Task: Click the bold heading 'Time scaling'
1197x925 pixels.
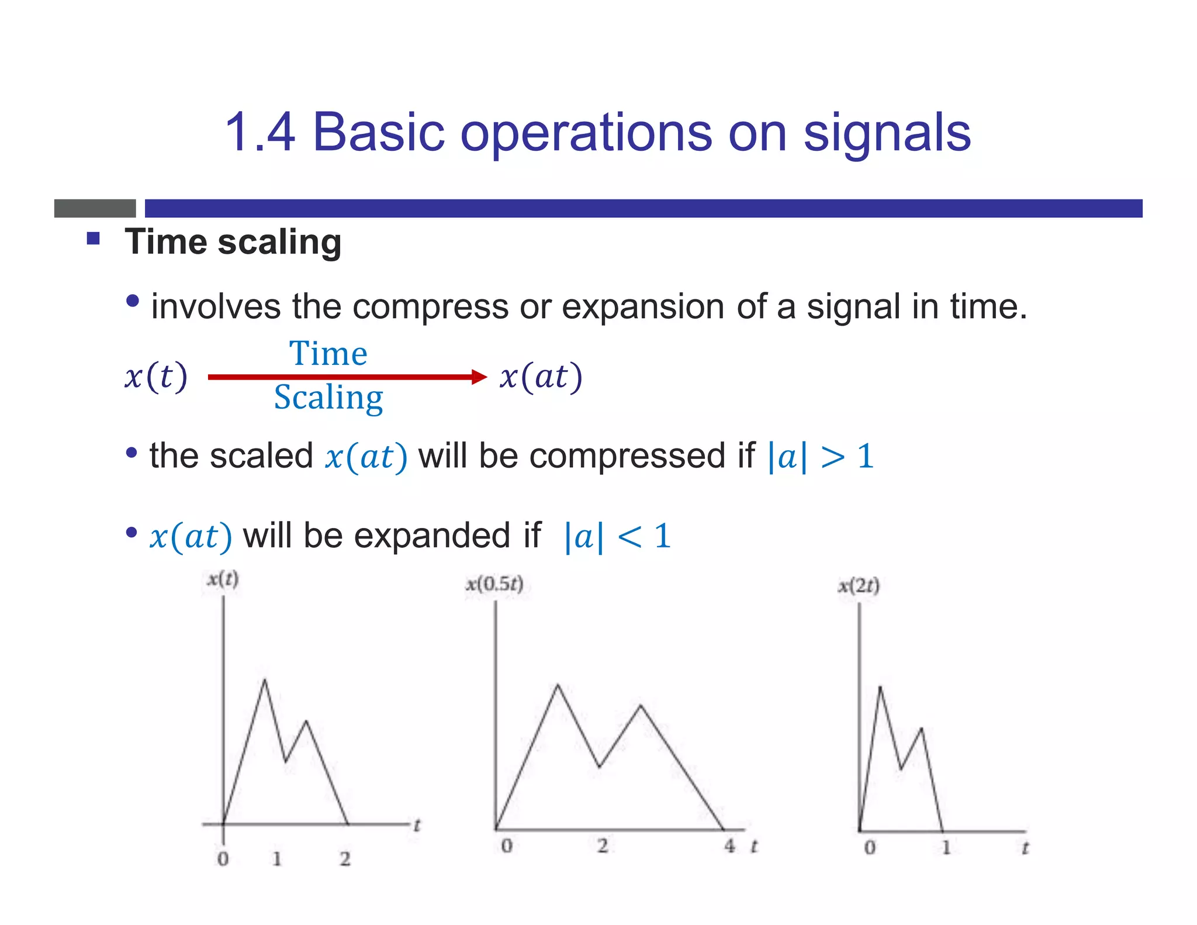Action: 233,242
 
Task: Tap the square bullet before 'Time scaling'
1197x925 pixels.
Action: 94,239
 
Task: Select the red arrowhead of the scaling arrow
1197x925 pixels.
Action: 479,377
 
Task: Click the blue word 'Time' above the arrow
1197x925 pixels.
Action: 328,354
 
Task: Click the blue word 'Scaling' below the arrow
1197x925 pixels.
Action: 328,398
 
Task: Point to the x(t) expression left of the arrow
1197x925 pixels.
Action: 156,376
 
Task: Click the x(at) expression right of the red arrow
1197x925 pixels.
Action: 541,377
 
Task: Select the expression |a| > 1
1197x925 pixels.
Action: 821,457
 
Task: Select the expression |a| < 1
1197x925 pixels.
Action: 617,536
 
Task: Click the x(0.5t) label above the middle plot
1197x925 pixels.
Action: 494,584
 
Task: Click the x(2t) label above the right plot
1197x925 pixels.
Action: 858,585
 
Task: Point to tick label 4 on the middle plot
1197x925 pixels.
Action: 729,845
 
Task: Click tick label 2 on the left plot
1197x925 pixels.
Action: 345,858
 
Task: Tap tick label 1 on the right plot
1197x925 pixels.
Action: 946,847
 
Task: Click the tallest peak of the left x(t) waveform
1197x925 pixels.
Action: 265,680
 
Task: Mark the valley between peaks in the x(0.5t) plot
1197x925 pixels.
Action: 600,767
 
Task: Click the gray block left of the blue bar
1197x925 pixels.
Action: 95,208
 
